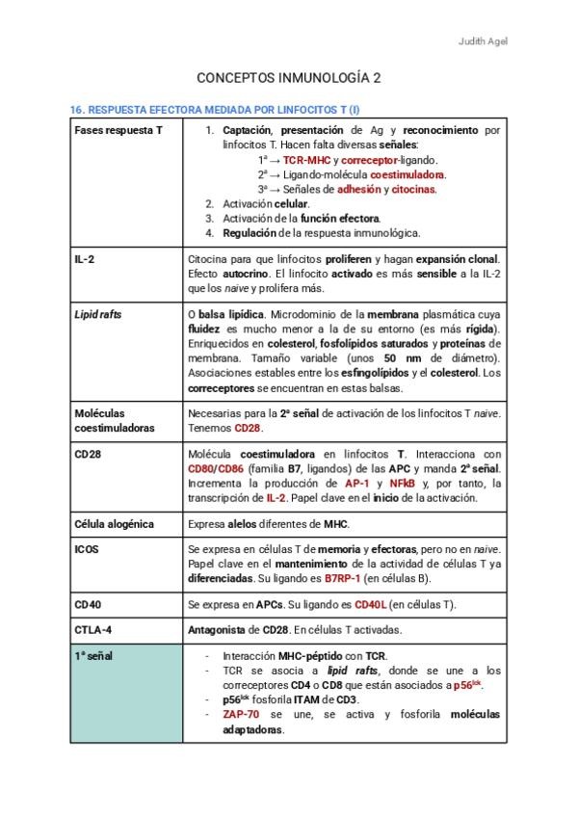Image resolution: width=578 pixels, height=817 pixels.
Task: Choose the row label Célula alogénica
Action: click(114, 524)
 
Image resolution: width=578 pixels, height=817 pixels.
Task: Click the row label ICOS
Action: click(87, 549)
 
